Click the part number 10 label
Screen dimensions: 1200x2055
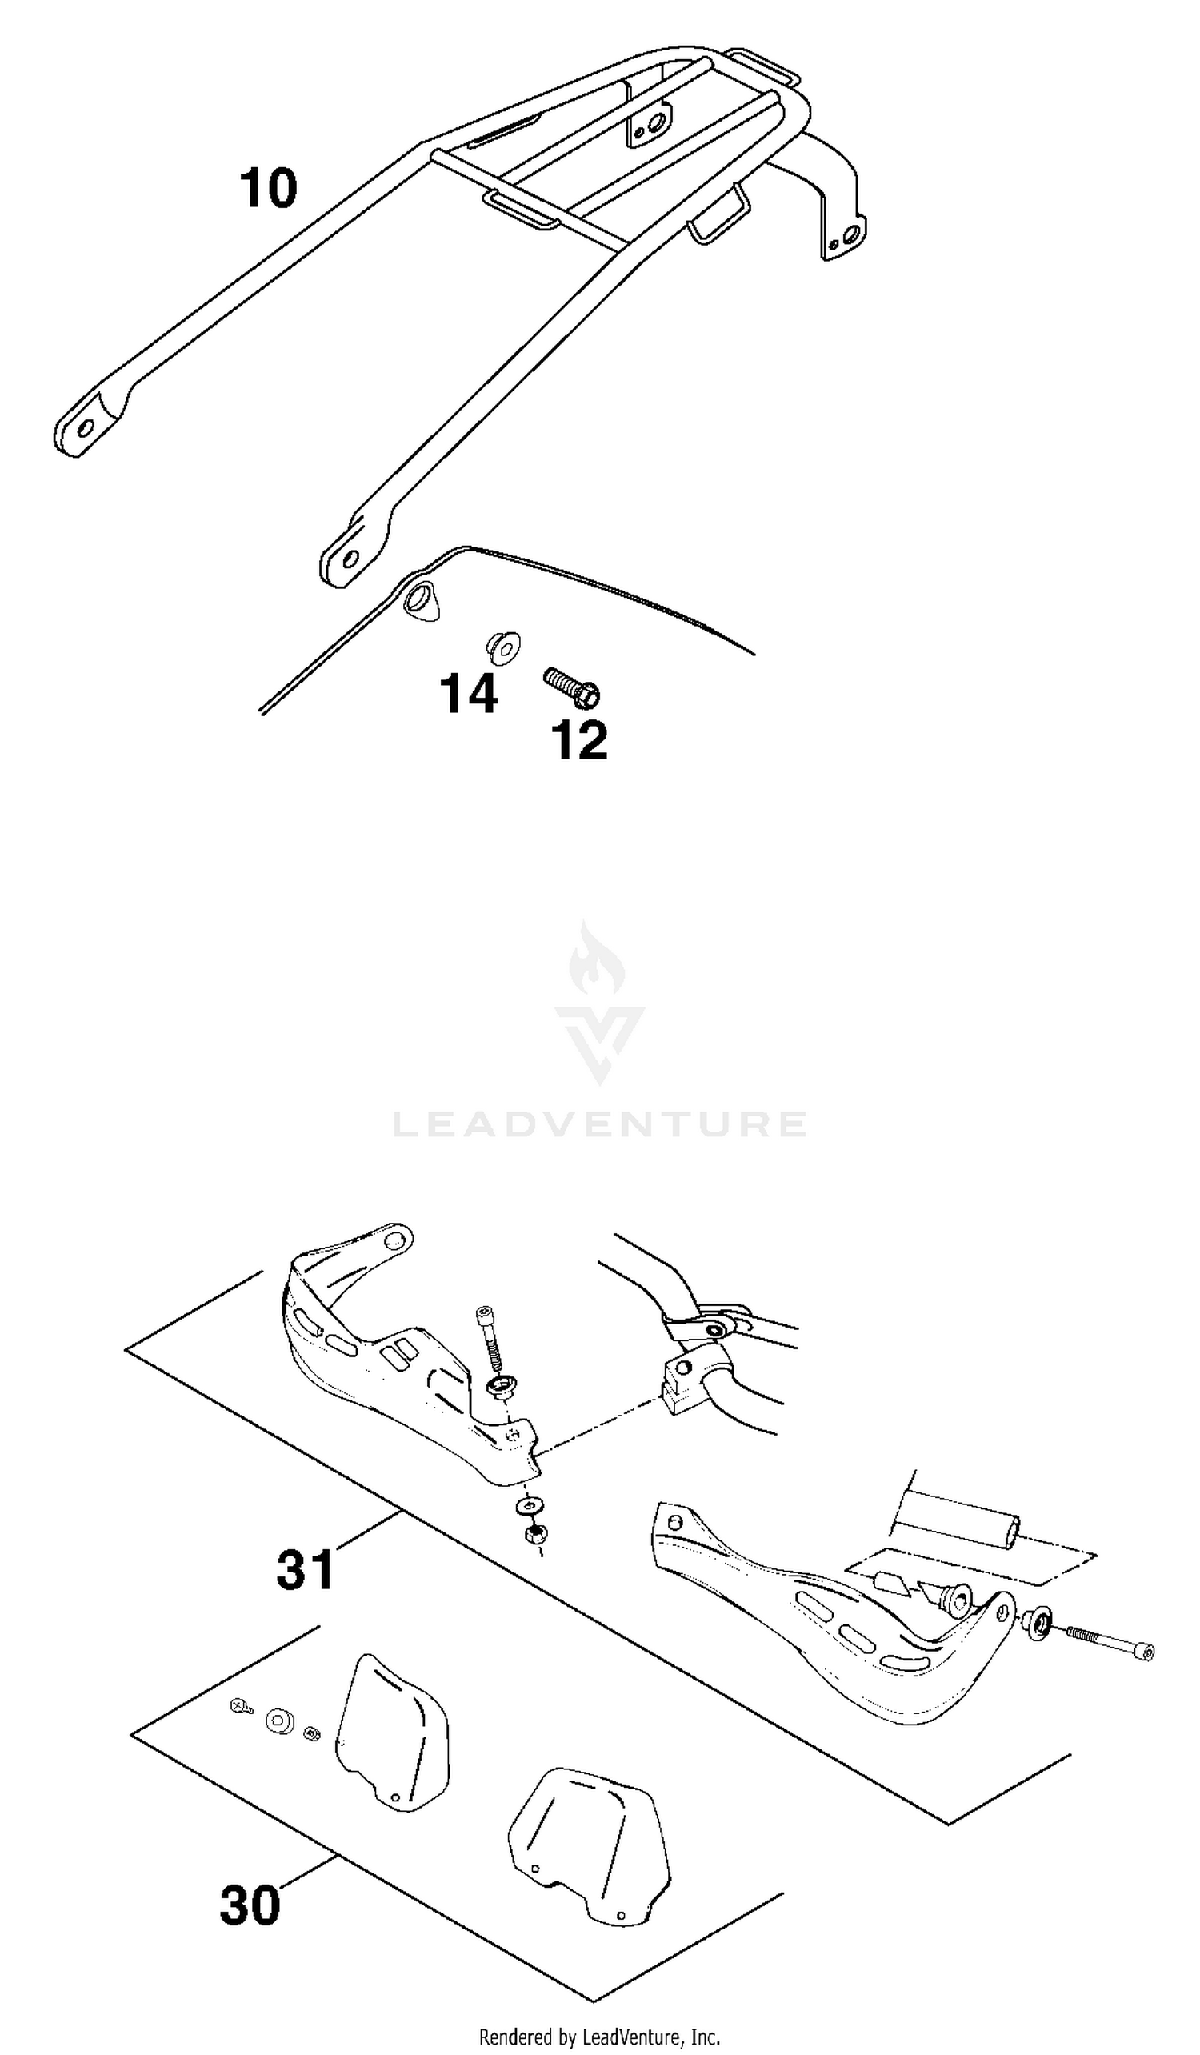click(x=268, y=188)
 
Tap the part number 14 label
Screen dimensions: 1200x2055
click(x=469, y=694)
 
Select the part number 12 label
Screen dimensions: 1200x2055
click(x=580, y=740)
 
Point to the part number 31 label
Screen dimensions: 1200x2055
click(x=305, y=1570)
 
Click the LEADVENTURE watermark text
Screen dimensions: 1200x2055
click(x=600, y=1123)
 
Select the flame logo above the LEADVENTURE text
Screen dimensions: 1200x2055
click(x=599, y=1003)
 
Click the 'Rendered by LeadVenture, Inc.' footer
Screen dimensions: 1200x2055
click(x=600, y=2037)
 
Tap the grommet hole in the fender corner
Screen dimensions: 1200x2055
click(x=421, y=601)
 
